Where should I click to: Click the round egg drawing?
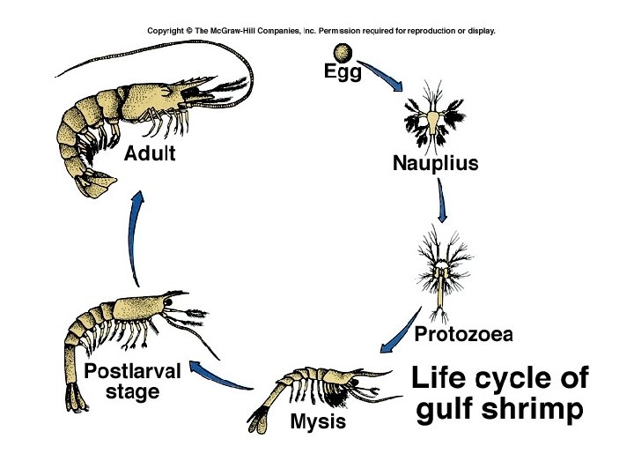coord(343,52)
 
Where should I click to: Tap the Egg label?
coord(343,74)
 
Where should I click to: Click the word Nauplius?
coord(435,163)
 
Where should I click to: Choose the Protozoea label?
coord(463,334)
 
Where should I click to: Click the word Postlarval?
coord(132,371)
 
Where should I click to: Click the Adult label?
coord(150,153)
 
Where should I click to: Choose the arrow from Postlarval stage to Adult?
coord(133,238)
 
